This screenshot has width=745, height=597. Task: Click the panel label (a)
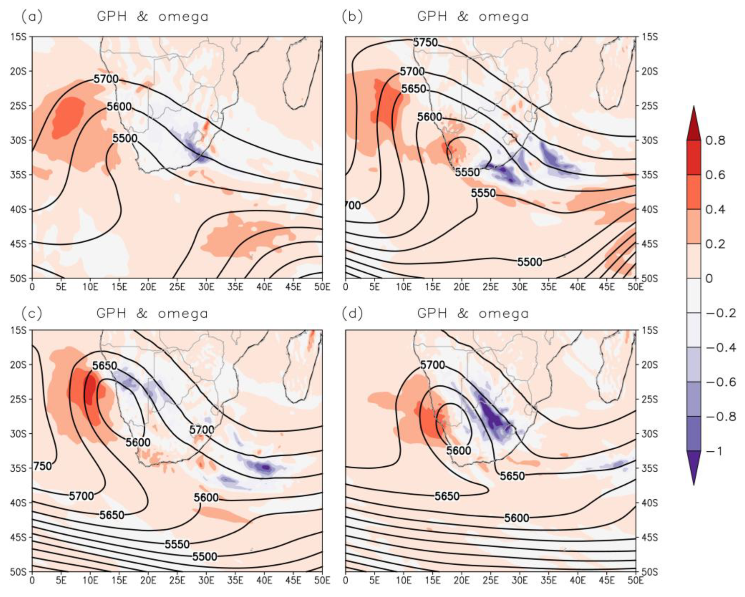coord(32,17)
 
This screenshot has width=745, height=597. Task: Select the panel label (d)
coord(352,314)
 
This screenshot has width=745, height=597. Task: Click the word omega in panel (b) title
coord(504,17)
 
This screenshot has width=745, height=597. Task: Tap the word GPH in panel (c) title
coord(112,313)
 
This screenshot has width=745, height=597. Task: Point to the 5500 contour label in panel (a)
coord(125,139)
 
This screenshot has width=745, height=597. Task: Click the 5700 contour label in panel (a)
coord(106,79)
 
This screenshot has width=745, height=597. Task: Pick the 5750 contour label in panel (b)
coord(425,43)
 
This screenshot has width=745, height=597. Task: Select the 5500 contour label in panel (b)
coord(529,262)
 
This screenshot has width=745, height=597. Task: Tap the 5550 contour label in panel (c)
coord(177,545)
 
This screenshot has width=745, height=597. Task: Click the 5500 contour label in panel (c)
coord(205,556)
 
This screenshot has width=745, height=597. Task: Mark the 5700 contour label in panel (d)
coord(432,365)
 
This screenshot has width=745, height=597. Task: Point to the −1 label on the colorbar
coord(714,451)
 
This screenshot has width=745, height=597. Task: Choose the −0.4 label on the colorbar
coord(720,348)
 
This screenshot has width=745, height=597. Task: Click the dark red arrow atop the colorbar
coord(694,124)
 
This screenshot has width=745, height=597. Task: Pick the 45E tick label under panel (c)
coord(293,580)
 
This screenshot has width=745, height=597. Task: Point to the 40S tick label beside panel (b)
coord(650,210)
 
